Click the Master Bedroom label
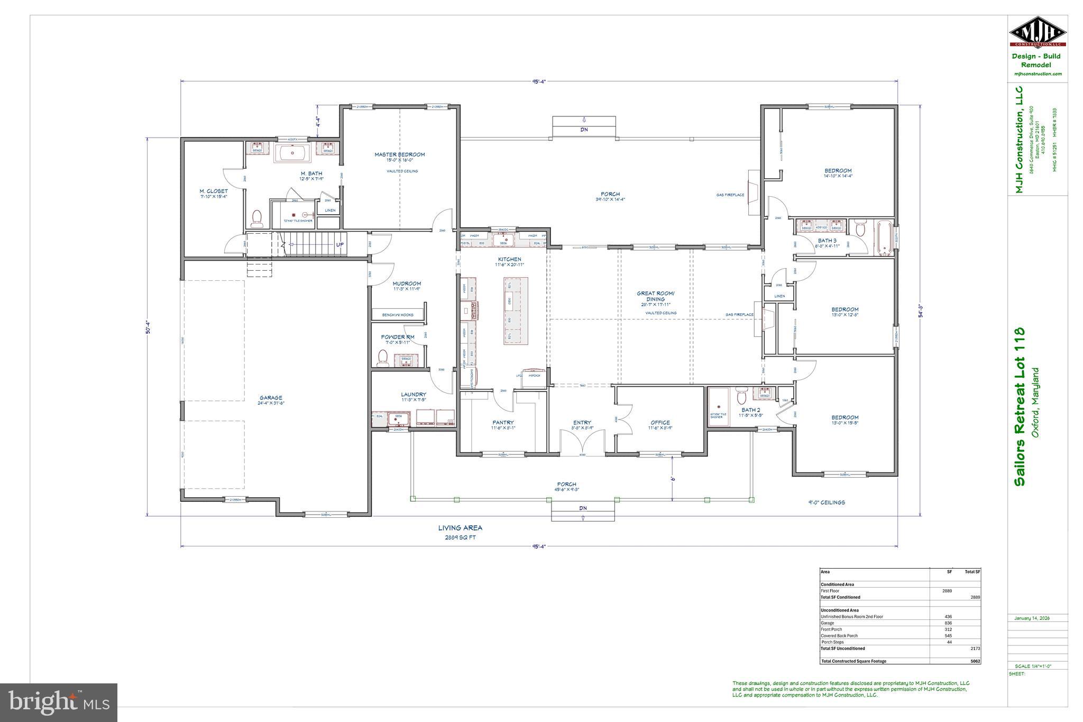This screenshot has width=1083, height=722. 399,154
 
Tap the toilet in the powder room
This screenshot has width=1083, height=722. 382,358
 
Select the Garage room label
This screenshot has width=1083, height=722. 271,398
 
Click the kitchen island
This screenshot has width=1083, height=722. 515,311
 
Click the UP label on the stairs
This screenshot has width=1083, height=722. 340,245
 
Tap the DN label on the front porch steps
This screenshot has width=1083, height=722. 583,508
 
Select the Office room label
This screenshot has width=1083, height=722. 660,423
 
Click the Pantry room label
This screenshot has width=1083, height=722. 502,423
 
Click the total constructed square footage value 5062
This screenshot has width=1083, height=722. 975,661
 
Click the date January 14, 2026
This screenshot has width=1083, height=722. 1032,618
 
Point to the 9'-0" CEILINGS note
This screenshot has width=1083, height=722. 825,502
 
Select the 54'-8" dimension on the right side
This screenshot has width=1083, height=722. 921,310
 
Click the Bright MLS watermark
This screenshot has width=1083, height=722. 59,702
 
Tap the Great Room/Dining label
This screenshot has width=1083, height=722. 655,296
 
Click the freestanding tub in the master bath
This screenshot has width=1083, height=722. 294,154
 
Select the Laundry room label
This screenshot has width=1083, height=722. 414,394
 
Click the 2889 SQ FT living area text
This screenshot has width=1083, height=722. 460,537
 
